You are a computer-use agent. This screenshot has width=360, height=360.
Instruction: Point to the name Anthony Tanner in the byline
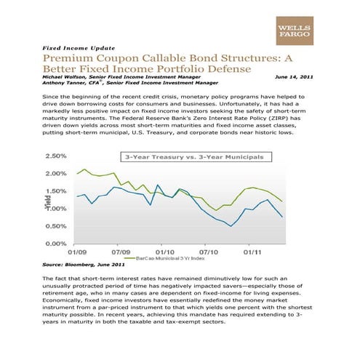coord(65,84)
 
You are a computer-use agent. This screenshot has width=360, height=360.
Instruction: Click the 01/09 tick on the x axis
coord(78,252)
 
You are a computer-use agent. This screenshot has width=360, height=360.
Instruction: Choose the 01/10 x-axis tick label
coord(164,252)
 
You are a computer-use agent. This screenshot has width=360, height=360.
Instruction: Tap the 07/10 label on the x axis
coord(208,252)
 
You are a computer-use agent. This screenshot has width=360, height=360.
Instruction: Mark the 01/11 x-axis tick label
coord(252,252)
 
